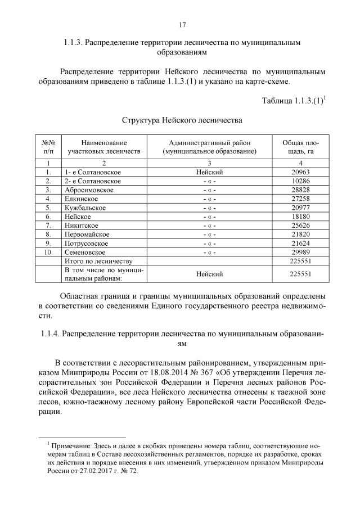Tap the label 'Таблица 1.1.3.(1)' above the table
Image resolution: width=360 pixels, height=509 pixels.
[292, 101]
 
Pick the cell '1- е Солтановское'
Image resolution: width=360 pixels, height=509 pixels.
[93, 172]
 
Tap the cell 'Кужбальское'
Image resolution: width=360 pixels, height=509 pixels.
[85, 208]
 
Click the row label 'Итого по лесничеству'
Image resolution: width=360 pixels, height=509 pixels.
[98, 262]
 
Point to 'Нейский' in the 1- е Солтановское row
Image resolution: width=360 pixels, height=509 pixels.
[209, 172]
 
